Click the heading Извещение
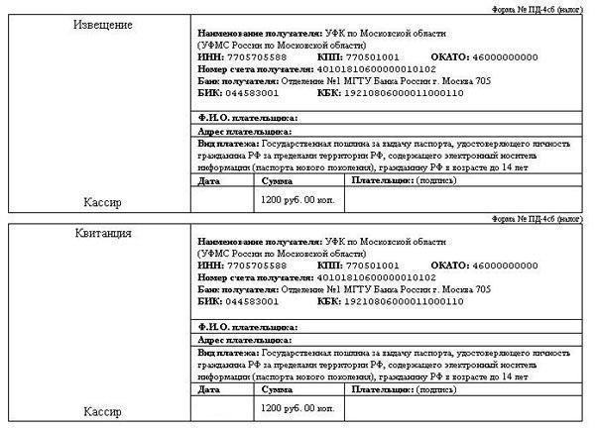point(104,23)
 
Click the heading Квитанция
point(104,234)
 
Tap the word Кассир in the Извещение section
point(104,202)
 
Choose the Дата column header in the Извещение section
point(209,182)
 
